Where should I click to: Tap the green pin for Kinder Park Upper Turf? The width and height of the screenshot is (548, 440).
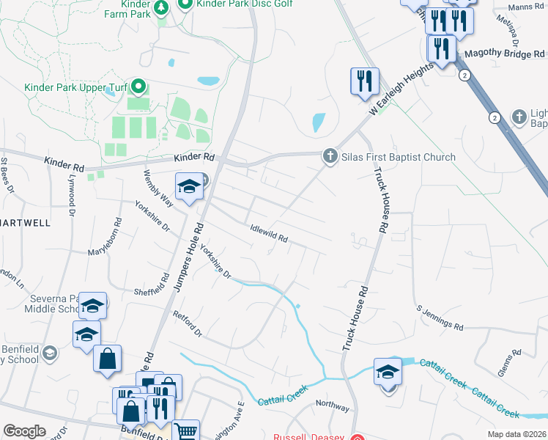click(138, 87)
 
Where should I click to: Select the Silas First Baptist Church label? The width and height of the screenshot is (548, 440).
click(399, 157)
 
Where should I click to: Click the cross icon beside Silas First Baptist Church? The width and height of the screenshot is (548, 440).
click(330, 156)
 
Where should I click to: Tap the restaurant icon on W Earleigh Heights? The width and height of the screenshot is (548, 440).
click(365, 81)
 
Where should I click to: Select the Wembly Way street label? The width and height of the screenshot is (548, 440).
click(158, 188)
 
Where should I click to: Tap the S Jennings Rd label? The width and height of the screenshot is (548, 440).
click(440, 318)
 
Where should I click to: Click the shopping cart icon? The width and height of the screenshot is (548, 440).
click(185, 432)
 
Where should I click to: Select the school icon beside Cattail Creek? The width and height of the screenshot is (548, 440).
click(388, 373)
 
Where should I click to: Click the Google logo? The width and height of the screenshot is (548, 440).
click(24, 431)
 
